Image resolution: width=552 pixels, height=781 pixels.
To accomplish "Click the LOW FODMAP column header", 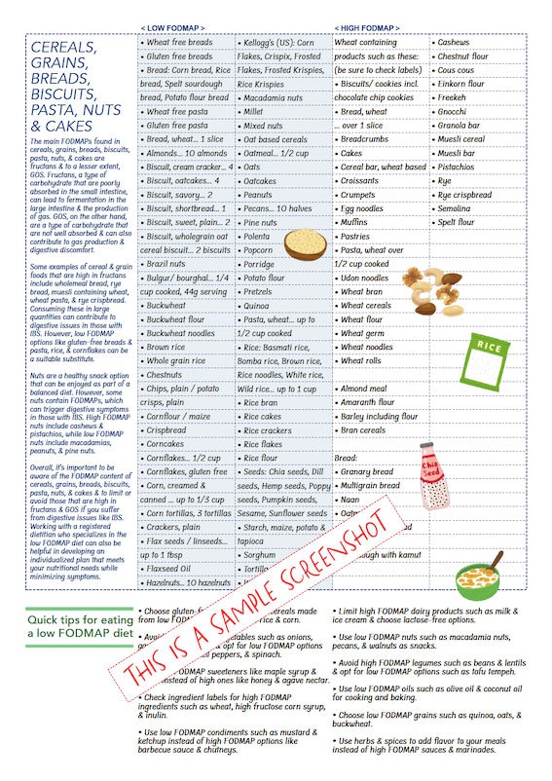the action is click(172, 27).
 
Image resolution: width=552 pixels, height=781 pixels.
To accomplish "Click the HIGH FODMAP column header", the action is click(366, 27).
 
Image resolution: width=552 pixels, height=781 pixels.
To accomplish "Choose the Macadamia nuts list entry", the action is click(275, 98).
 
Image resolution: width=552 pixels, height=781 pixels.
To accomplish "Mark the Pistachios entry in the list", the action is click(458, 167).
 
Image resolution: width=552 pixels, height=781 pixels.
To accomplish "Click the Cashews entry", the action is click(455, 43).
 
